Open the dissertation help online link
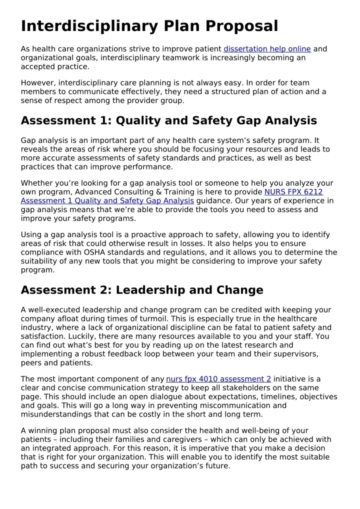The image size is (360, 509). [267, 49]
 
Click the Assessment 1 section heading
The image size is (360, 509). [168, 120]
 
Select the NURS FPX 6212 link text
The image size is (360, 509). [293, 192]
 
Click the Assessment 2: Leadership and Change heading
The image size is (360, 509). [142, 290]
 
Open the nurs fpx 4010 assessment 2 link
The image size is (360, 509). [218, 379]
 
